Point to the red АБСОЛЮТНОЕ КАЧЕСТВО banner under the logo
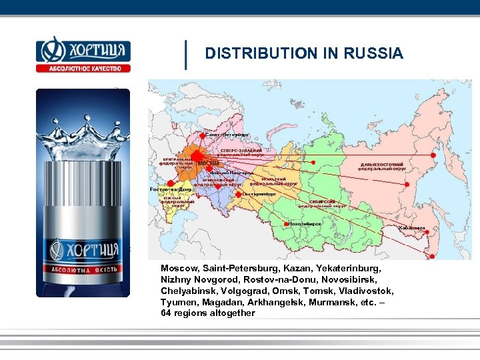point(83,67)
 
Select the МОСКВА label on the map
point(209,163)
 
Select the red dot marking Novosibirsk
point(286,224)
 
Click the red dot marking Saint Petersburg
point(203,135)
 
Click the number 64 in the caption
point(166,313)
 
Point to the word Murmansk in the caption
point(331,302)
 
